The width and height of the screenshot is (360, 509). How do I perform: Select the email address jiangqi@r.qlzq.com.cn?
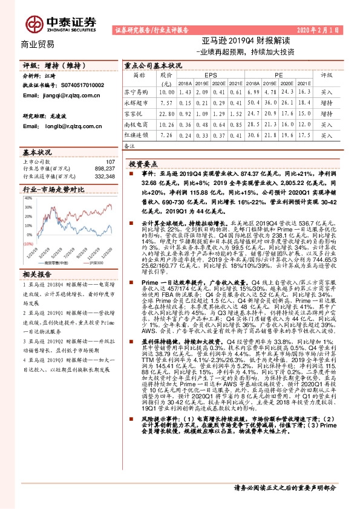point(66,95)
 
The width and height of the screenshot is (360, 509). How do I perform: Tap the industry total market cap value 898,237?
point(105,169)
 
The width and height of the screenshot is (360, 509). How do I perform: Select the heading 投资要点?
point(143,164)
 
